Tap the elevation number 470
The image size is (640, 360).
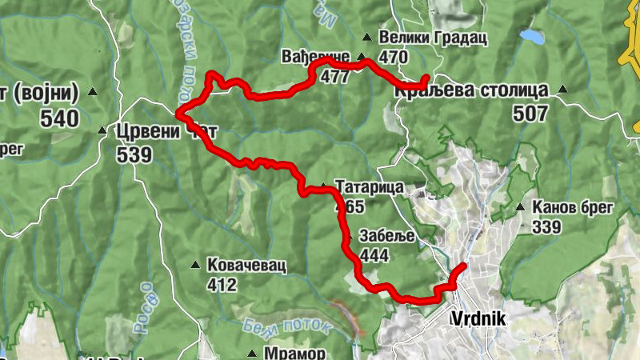(x=394, y=58)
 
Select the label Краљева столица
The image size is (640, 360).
(x=471, y=90)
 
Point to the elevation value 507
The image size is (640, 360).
(x=530, y=114)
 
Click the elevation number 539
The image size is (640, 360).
(x=134, y=154)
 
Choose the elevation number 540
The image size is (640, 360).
(x=61, y=119)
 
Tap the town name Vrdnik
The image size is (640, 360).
(x=479, y=318)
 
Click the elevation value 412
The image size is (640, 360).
(x=222, y=285)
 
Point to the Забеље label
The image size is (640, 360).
(x=387, y=237)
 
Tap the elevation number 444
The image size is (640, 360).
(x=375, y=255)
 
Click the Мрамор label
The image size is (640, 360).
(x=297, y=353)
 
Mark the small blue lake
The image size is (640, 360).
(x=530, y=36)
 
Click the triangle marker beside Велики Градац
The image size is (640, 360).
(x=366, y=37)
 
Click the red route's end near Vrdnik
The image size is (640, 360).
(x=463, y=266)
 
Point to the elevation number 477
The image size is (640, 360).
(x=333, y=78)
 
